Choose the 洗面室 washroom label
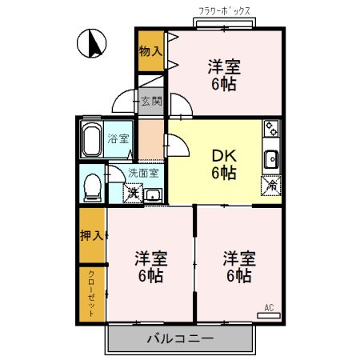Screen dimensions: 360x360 point(143,172)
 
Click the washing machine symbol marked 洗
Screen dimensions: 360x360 point(131,193)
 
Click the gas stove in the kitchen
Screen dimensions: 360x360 point(270,128)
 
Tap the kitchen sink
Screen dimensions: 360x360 point(271,158)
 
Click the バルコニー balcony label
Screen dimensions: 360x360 point(179,339)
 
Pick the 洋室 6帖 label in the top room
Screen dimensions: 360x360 point(223,74)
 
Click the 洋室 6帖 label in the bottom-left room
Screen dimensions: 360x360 point(150,267)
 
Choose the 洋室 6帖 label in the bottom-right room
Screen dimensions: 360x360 point(239,267)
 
